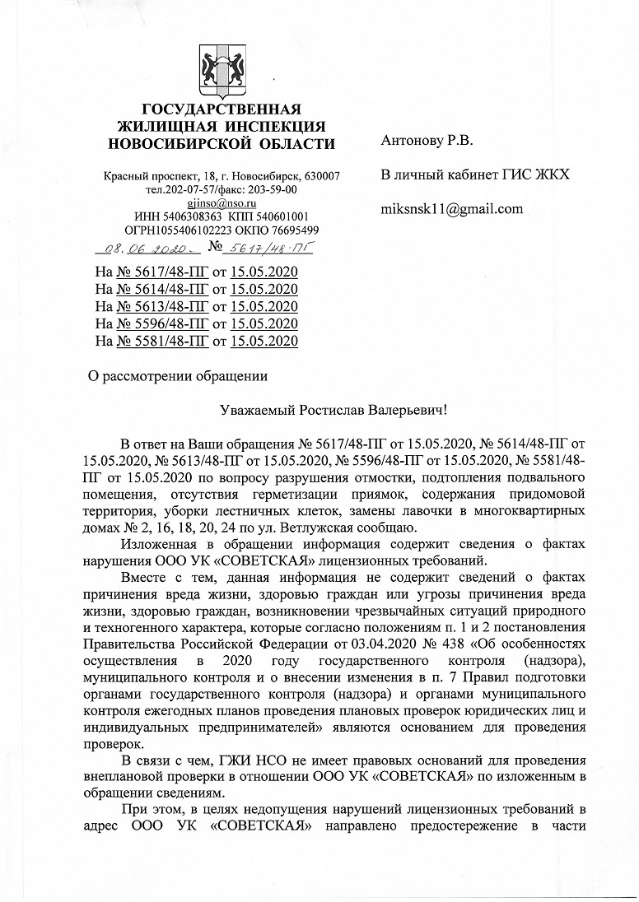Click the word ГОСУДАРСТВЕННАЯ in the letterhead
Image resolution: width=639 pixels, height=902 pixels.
click(x=222, y=111)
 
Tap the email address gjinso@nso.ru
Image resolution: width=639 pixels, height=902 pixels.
click(x=222, y=203)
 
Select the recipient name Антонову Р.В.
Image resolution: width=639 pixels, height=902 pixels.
click(x=427, y=141)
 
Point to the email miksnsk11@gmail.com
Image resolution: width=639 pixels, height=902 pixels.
click(x=452, y=208)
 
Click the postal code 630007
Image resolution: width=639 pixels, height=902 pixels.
click(x=322, y=178)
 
